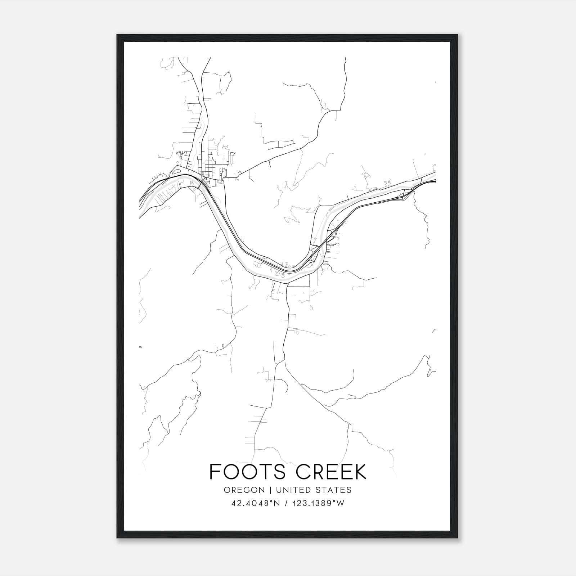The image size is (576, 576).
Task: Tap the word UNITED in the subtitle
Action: click(295, 490)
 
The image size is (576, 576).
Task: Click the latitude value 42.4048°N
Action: click(256, 503)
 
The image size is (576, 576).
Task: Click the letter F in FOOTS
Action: click(215, 472)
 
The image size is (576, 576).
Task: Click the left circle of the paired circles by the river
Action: click(277, 274)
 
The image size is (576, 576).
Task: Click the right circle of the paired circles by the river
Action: click(283, 274)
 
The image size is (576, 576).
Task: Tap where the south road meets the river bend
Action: click(288, 283)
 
